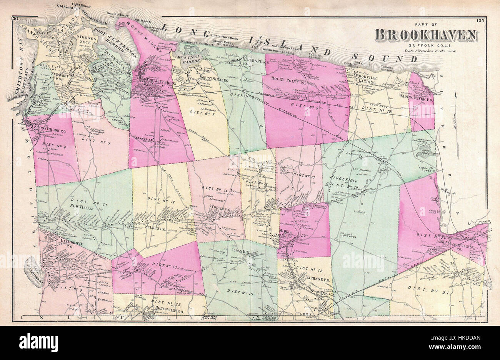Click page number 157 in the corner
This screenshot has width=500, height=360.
pos(480,20)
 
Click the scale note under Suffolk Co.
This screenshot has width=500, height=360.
pos(430,51)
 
